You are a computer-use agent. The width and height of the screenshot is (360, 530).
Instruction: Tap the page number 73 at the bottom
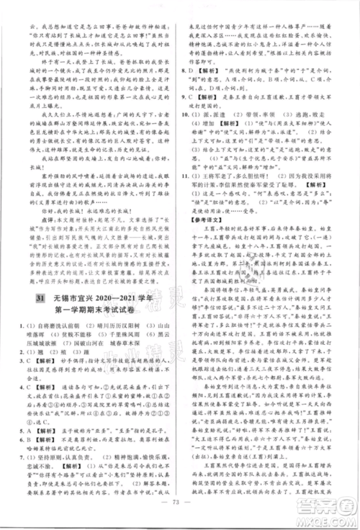(180, 513)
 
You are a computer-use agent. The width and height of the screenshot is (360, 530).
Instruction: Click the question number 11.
(190, 174)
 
